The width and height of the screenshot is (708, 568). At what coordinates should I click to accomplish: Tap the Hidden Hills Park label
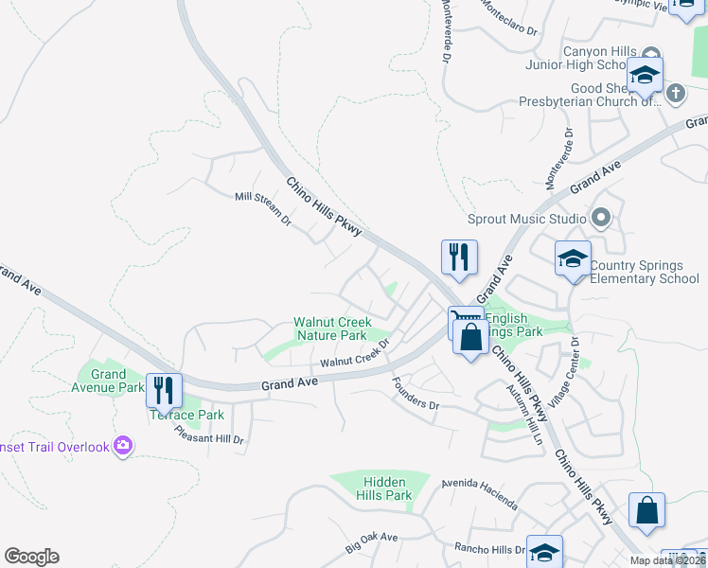(x=384, y=488)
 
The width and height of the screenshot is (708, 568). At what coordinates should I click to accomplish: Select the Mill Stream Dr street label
(x=263, y=207)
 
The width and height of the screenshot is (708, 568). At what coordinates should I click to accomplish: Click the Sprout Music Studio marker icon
(x=600, y=219)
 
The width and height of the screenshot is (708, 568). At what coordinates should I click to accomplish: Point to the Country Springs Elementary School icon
(x=573, y=259)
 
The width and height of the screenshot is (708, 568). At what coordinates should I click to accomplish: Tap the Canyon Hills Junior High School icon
(x=644, y=75)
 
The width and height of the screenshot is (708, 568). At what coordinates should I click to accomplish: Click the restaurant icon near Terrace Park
(x=167, y=389)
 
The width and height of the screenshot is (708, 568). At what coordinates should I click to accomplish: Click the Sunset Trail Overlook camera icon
(x=122, y=446)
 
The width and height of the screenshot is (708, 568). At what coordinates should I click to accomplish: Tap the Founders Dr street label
(x=416, y=393)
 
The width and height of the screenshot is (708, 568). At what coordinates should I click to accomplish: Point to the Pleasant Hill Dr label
(x=209, y=434)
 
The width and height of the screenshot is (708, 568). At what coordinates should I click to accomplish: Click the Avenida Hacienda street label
(x=480, y=493)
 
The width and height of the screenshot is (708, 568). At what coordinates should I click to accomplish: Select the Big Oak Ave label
(x=371, y=542)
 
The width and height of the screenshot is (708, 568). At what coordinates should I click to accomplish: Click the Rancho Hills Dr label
(x=489, y=549)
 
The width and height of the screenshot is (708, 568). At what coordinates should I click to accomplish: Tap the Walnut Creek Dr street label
(x=355, y=356)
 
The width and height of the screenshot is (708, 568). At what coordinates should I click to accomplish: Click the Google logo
(x=31, y=557)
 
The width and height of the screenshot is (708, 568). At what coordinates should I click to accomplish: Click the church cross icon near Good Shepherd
(x=675, y=93)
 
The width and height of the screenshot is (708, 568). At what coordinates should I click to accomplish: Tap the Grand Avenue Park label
(x=109, y=381)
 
